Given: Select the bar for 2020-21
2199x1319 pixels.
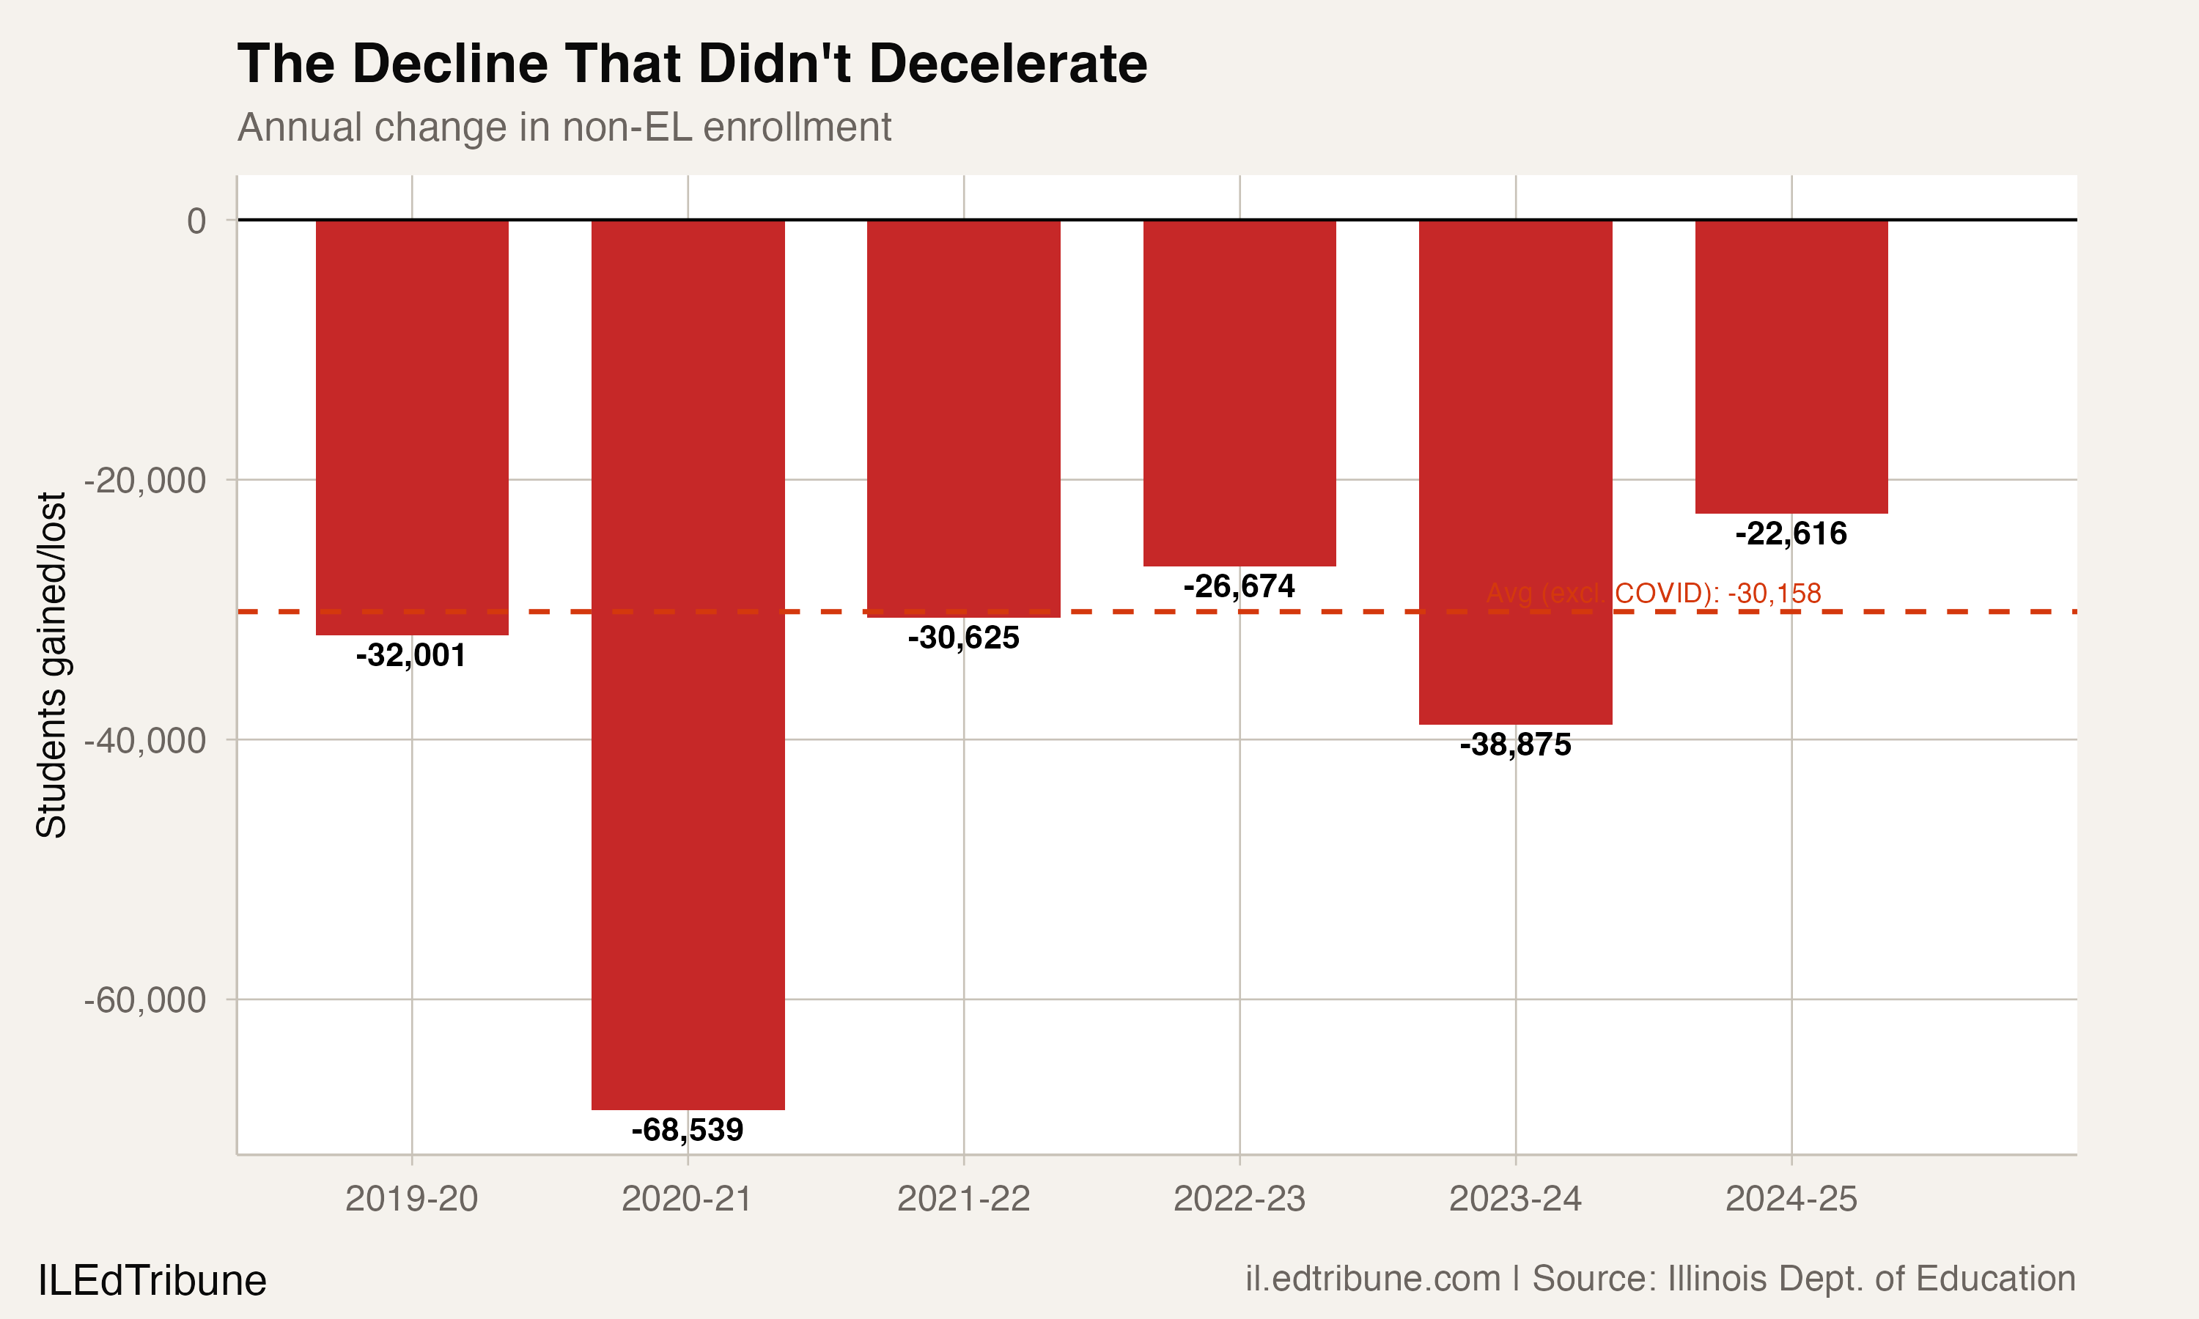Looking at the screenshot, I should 688,664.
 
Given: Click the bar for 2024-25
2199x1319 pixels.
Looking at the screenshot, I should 1791,366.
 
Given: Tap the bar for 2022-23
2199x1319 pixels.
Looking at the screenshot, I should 1239,392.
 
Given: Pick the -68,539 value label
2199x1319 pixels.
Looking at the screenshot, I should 687,1130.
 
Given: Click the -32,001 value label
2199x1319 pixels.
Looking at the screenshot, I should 410,655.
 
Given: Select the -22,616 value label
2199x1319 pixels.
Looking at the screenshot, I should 1791,533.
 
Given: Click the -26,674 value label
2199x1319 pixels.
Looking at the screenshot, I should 1239,585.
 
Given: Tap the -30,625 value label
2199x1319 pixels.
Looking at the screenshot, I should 963,638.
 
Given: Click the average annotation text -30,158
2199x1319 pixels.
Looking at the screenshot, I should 1653,593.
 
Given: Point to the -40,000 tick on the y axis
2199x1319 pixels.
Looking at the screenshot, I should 145,740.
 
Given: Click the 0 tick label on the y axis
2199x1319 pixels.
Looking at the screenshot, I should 196,221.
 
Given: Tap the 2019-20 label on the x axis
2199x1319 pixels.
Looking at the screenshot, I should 410,1199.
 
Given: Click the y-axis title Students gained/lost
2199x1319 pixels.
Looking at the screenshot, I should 51,665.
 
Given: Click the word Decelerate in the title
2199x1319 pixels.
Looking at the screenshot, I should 1007,64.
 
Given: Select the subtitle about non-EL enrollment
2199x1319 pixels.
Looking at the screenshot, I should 564,127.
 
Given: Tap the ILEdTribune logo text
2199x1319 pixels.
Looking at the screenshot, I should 152,1281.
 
